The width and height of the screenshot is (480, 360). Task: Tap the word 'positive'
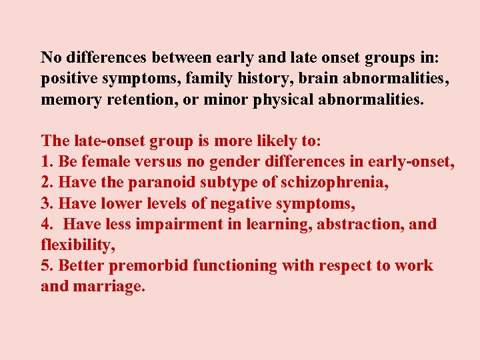coord(69,79)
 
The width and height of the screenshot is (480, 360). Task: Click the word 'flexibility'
coord(77,245)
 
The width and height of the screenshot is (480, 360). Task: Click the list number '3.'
coord(47,203)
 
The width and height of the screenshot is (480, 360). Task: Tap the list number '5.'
coord(47,265)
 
